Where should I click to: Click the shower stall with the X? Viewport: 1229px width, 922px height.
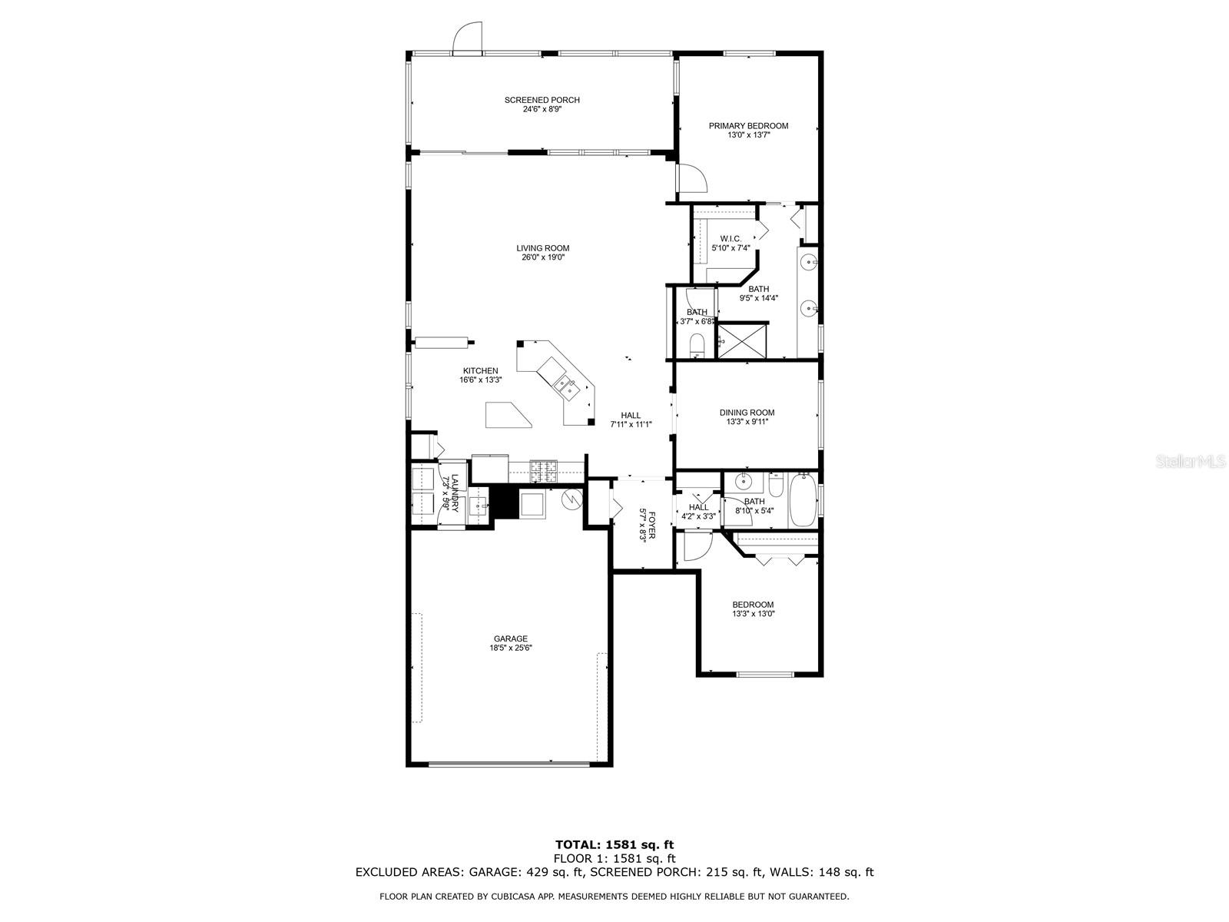click(743, 341)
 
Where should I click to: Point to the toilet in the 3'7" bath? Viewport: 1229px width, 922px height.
click(697, 345)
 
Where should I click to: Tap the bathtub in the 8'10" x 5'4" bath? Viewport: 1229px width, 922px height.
click(804, 500)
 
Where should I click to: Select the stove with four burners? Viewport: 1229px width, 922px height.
click(545, 470)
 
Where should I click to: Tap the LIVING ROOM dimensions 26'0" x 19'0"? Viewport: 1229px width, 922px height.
click(542, 258)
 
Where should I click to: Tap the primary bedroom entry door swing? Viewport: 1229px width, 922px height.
click(693, 178)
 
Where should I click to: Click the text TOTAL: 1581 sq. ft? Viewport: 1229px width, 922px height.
click(614, 845)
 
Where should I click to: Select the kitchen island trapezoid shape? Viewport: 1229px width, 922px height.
click(508, 414)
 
